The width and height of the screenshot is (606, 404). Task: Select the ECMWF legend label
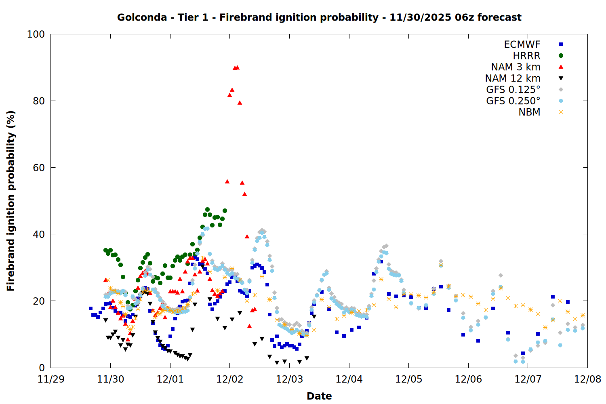tap(522, 44)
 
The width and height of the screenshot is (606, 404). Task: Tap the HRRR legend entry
tap(526, 56)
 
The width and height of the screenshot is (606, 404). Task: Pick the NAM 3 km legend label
tap(516, 67)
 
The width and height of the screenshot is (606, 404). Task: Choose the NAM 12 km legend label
tap(513, 78)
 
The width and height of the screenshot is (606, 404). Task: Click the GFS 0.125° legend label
tap(513, 90)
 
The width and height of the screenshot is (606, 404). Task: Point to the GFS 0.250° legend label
tap(513, 101)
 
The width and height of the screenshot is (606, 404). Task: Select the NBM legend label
tap(529, 112)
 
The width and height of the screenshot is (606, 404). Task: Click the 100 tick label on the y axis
tap(36, 34)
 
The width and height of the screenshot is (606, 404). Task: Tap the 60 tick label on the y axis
tap(38, 168)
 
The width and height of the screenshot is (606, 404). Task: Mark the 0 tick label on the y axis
tap(42, 368)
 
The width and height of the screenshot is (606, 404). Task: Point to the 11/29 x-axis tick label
tap(50, 379)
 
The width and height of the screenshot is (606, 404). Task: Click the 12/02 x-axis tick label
tap(229, 379)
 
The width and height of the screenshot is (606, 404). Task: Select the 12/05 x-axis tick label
tap(408, 379)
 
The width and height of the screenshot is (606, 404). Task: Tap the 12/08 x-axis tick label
tap(587, 379)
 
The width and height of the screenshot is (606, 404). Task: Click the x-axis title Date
tap(319, 396)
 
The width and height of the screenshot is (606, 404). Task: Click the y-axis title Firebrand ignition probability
tap(11, 201)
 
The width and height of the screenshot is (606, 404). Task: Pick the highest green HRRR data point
tap(207, 210)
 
